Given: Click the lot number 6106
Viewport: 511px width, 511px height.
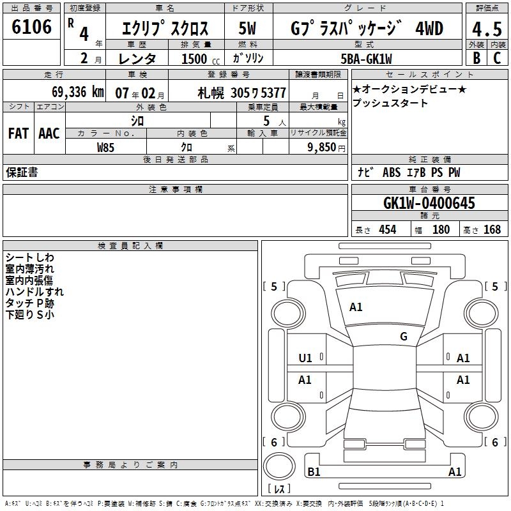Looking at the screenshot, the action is pyautogui.click(x=31, y=27).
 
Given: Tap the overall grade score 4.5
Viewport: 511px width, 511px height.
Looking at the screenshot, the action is pyautogui.click(x=487, y=29).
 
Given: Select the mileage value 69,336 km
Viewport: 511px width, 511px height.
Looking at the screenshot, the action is pyautogui.click(x=77, y=92).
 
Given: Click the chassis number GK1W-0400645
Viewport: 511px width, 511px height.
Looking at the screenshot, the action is pyautogui.click(x=429, y=203).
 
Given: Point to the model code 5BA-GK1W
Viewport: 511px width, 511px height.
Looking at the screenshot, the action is pyautogui.click(x=366, y=59).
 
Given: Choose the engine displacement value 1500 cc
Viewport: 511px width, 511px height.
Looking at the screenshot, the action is pyautogui.click(x=201, y=59).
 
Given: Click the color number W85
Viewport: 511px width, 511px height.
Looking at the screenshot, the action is pyautogui.click(x=105, y=148).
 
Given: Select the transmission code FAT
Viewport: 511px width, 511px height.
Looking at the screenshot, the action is pyautogui.click(x=19, y=133).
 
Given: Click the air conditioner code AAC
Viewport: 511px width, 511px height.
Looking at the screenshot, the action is pyautogui.click(x=49, y=133).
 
